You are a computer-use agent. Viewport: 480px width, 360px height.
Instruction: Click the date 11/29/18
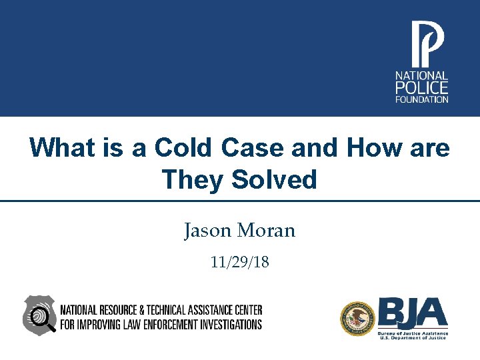(239, 262)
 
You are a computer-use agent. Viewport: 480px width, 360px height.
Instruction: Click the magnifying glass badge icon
(40, 315)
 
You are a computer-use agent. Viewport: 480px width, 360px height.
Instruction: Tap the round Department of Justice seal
(357, 318)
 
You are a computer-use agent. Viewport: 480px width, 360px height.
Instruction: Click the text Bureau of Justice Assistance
(413, 332)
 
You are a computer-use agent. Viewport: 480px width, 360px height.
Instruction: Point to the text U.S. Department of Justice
(413, 338)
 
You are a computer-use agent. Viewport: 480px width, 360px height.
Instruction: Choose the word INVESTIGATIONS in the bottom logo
(227, 325)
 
